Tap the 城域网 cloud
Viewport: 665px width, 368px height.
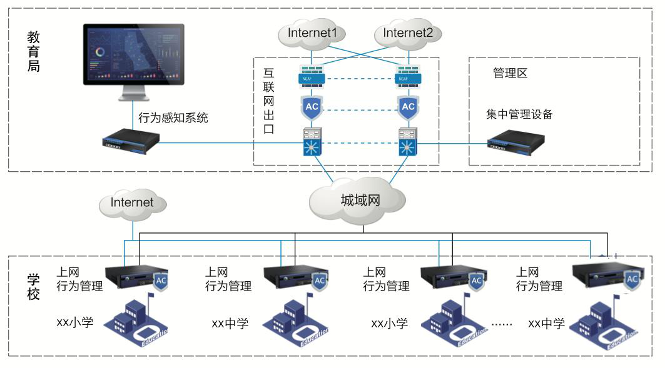pyautogui.click(x=360, y=201)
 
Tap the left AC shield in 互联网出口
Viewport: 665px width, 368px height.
pyautogui.click(x=311, y=107)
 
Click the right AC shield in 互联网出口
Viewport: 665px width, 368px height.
pyautogui.click(x=408, y=107)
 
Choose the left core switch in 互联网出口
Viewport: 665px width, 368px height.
pyautogui.click(x=311, y=142)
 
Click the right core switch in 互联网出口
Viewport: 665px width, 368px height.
pyautogui.click(x=408, y=142)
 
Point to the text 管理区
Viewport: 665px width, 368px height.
pyautogui.click(x=510, y=73)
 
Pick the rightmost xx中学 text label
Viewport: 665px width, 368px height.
pyautogui.click(x=546, y=323)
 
